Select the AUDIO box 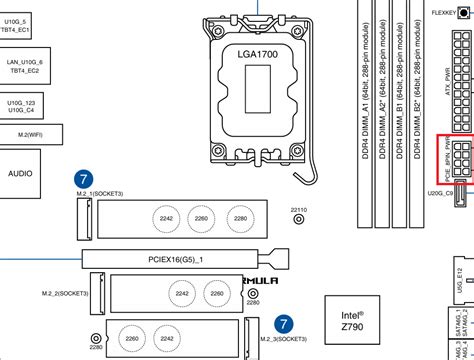[x=20, y=173]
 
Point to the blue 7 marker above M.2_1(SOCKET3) [x=85, y=179]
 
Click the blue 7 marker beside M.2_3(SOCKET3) [x=285, y=324]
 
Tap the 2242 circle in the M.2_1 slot [x=167, y=218]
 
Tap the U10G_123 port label [x=20, y=103]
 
